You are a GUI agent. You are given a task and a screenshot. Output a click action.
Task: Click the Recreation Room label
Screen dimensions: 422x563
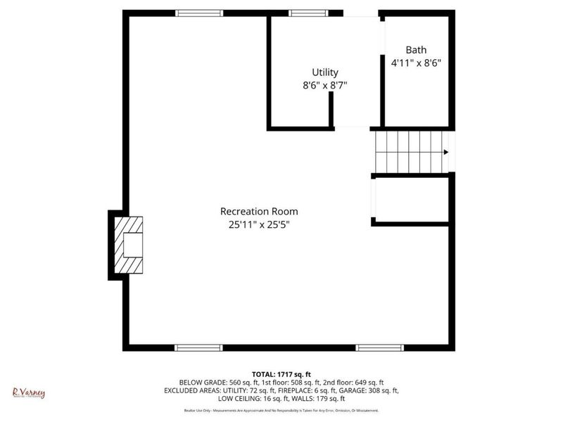259,211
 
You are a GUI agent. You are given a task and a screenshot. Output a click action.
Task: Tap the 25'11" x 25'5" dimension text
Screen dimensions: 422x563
259,225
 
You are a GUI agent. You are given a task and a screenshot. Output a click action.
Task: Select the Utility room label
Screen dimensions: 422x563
325,72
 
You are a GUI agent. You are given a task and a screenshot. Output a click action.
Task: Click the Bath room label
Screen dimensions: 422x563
416,50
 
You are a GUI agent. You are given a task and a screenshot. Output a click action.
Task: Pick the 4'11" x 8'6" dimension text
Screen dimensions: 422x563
416,63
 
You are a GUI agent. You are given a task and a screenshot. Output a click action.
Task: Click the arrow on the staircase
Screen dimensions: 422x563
445,151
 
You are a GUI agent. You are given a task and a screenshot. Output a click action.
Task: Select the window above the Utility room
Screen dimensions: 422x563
308,13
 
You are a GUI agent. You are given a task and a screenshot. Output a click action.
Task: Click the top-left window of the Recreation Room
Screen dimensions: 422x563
199,13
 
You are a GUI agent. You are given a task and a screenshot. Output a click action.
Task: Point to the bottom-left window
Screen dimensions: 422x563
199,347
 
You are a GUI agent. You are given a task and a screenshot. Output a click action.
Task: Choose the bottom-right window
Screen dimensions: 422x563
379,347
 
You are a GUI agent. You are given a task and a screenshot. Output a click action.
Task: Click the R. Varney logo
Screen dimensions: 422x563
28,392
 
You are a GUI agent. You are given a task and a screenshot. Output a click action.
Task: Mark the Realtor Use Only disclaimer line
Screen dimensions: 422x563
281,410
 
